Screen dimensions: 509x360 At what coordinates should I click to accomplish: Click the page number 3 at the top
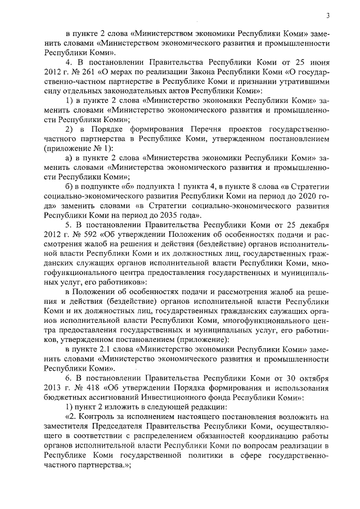click(327, 16)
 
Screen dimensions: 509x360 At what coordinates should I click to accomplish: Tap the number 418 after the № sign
click(89, 388)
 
